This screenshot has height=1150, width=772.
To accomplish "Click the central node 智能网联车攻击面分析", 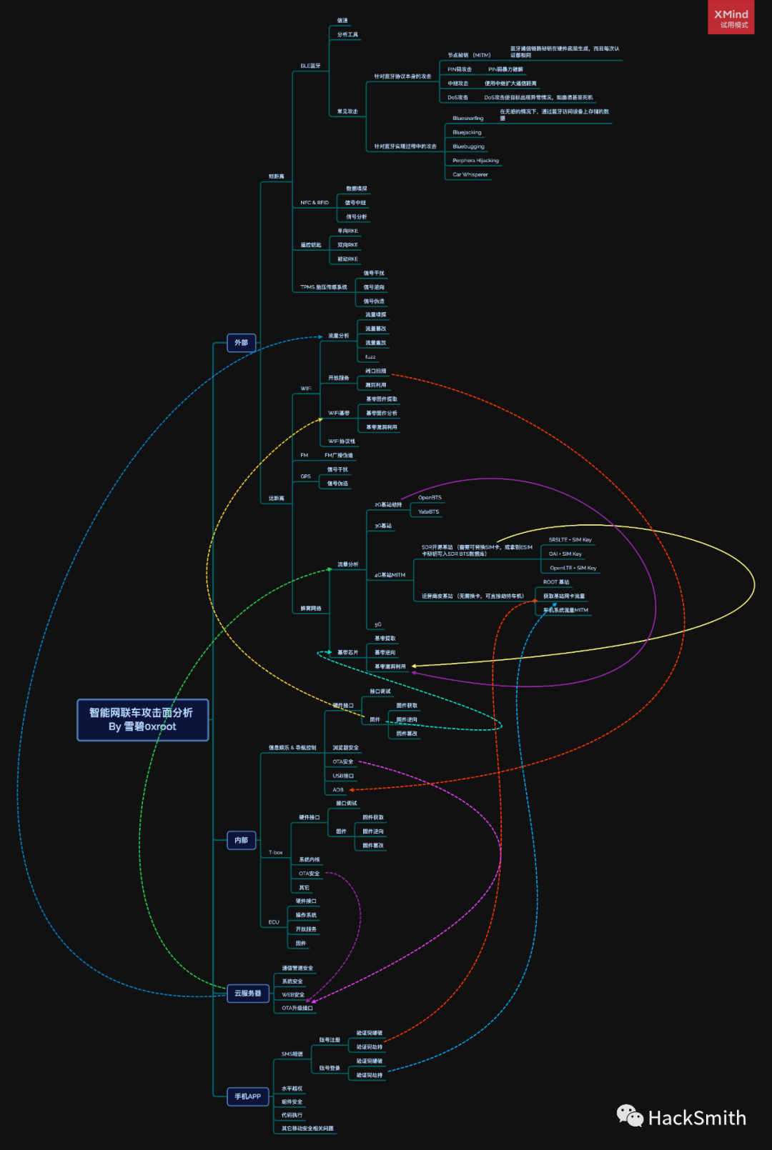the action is [142, 719].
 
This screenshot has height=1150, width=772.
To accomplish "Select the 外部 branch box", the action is [241, 343].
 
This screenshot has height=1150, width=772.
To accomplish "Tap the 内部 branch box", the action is [241, 840].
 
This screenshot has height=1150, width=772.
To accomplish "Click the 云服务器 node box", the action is [247, 993].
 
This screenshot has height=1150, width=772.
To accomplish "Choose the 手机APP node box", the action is [247, 1096].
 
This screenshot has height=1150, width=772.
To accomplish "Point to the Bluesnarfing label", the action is [467, 119].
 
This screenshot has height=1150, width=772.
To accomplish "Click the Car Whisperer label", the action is [470, 174].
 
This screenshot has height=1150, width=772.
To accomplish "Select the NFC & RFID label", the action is [315, 203].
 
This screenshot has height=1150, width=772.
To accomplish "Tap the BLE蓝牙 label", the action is [310, 66].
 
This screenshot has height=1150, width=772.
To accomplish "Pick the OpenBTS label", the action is [430, 498].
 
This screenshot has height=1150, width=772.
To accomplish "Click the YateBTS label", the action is [428, 512].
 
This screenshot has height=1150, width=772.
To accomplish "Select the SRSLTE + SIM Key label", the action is [570, 540].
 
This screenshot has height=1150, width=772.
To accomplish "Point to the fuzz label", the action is [370, 357].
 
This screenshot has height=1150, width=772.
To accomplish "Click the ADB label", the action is [338, 790].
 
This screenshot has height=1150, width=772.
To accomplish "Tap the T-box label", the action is [275, 853].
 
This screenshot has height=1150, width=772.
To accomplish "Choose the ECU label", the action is [273, 922].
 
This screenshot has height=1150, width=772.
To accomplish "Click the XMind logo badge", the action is [731, 18].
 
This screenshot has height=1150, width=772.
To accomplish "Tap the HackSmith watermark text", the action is [696, 1118].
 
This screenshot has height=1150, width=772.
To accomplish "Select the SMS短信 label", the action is [292, 1054].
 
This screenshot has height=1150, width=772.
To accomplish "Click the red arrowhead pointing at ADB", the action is [351, 790].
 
